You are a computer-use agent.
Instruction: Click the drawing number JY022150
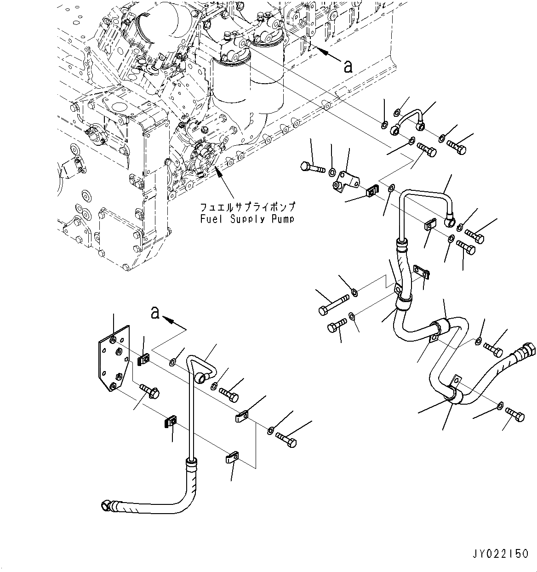499,554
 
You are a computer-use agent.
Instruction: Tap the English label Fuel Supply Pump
246,219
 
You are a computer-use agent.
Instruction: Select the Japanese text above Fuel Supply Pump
246,207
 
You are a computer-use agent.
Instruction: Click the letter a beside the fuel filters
348,66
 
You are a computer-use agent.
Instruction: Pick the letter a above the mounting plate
155,314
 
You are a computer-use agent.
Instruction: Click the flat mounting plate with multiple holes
114,359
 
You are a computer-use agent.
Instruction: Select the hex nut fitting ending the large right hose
528,350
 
